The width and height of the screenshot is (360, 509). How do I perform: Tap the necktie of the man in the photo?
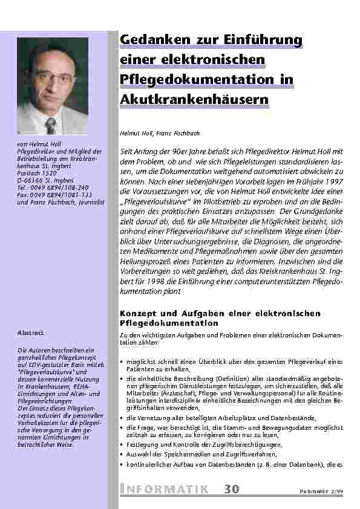51,126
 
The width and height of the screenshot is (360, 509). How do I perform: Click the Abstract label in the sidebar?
29,332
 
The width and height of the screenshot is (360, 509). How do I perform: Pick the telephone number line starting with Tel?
53,187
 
